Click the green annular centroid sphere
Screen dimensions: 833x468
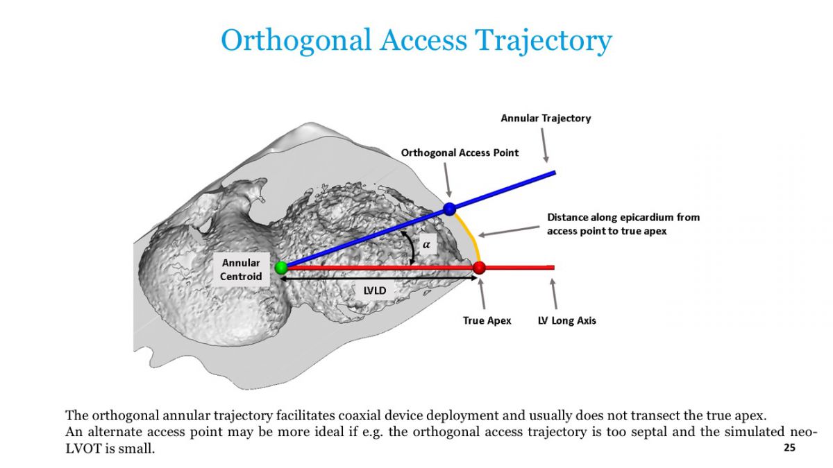(282, 268)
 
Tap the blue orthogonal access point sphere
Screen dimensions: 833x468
(449, 209)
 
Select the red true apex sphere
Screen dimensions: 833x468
(479, 268)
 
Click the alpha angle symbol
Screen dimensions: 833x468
(426, 245)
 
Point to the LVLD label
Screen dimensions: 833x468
(374, 291)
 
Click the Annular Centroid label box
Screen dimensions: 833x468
(241, 270)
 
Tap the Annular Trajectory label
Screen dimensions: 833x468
(546, 118)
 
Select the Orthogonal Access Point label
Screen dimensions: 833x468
(460, 153)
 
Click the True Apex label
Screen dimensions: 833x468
(487, 320)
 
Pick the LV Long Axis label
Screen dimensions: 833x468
(566, 320)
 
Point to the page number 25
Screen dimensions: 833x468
(789, 448)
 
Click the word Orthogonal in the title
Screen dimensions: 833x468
(296, 40)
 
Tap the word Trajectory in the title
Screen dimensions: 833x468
(544, 41)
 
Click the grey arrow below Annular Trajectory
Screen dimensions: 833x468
(544, 145)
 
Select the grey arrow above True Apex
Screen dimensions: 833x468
(482, 293)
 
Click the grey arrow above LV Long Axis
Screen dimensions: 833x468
(554, 294)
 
